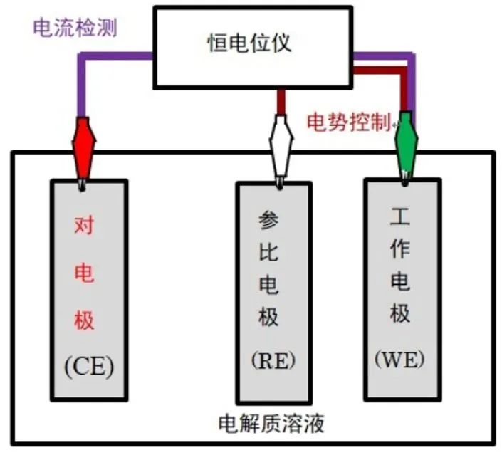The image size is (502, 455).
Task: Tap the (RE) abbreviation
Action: click(x=273, y=360)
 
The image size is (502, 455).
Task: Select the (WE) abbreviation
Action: click(x=399, y=357)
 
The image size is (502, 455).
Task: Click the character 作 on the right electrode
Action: click(x=399, y=248)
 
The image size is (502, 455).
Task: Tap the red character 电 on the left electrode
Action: click(x=85, y=273)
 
